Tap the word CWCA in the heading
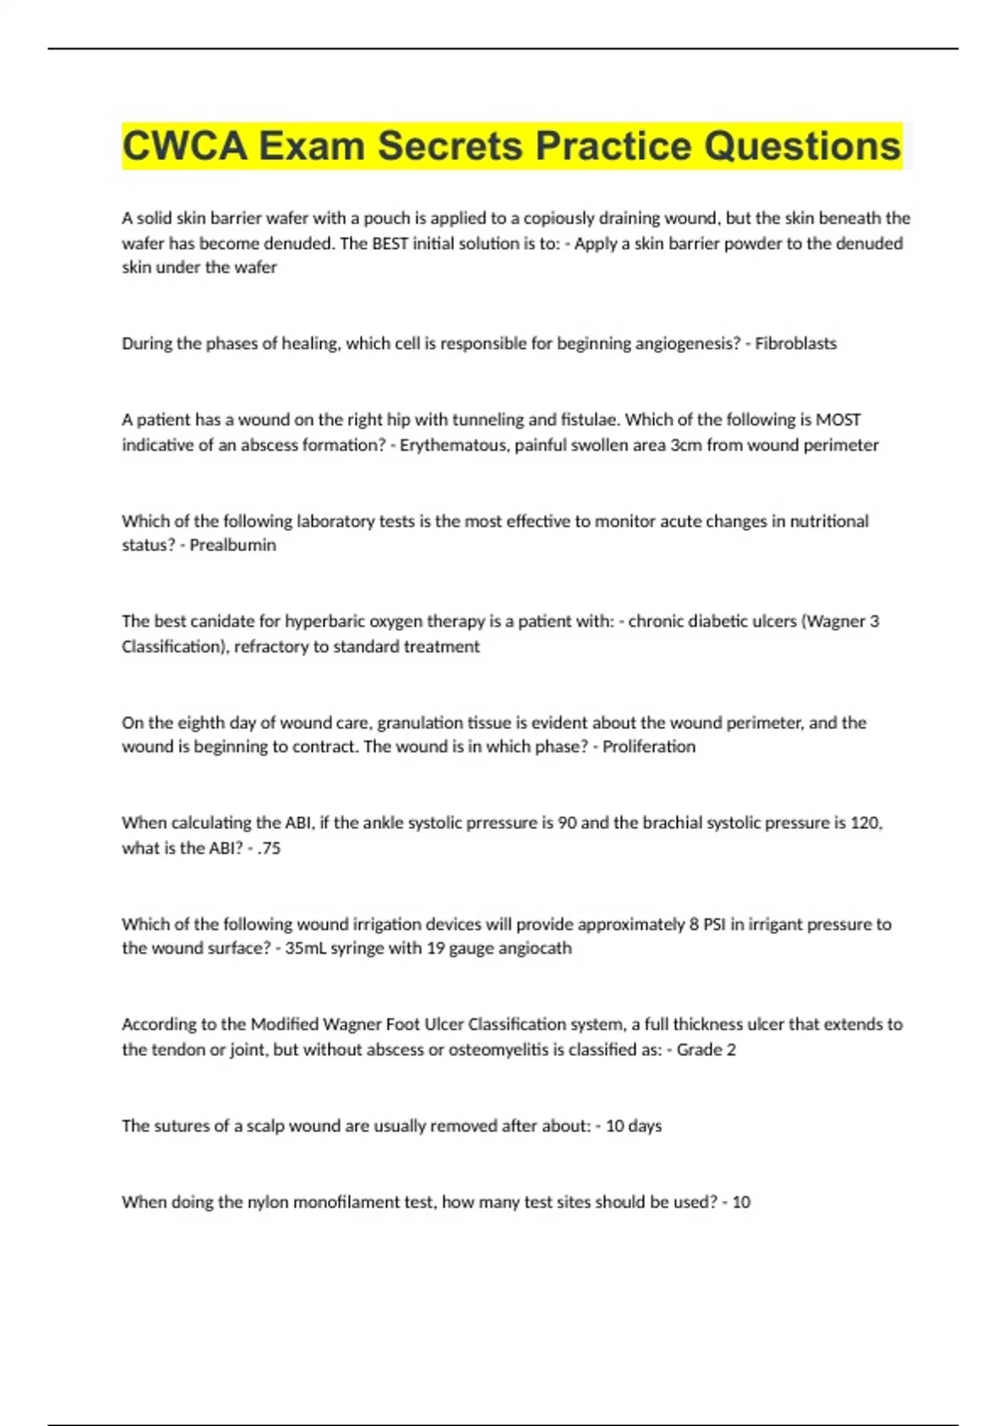tap(185, 146)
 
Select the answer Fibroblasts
tap(796, 343)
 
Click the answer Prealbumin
tap(232, 545)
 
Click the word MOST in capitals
tap(838, 419)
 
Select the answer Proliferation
tap(649, 747)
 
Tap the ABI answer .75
tap(269, 848)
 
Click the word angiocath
tap(535, 948)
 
